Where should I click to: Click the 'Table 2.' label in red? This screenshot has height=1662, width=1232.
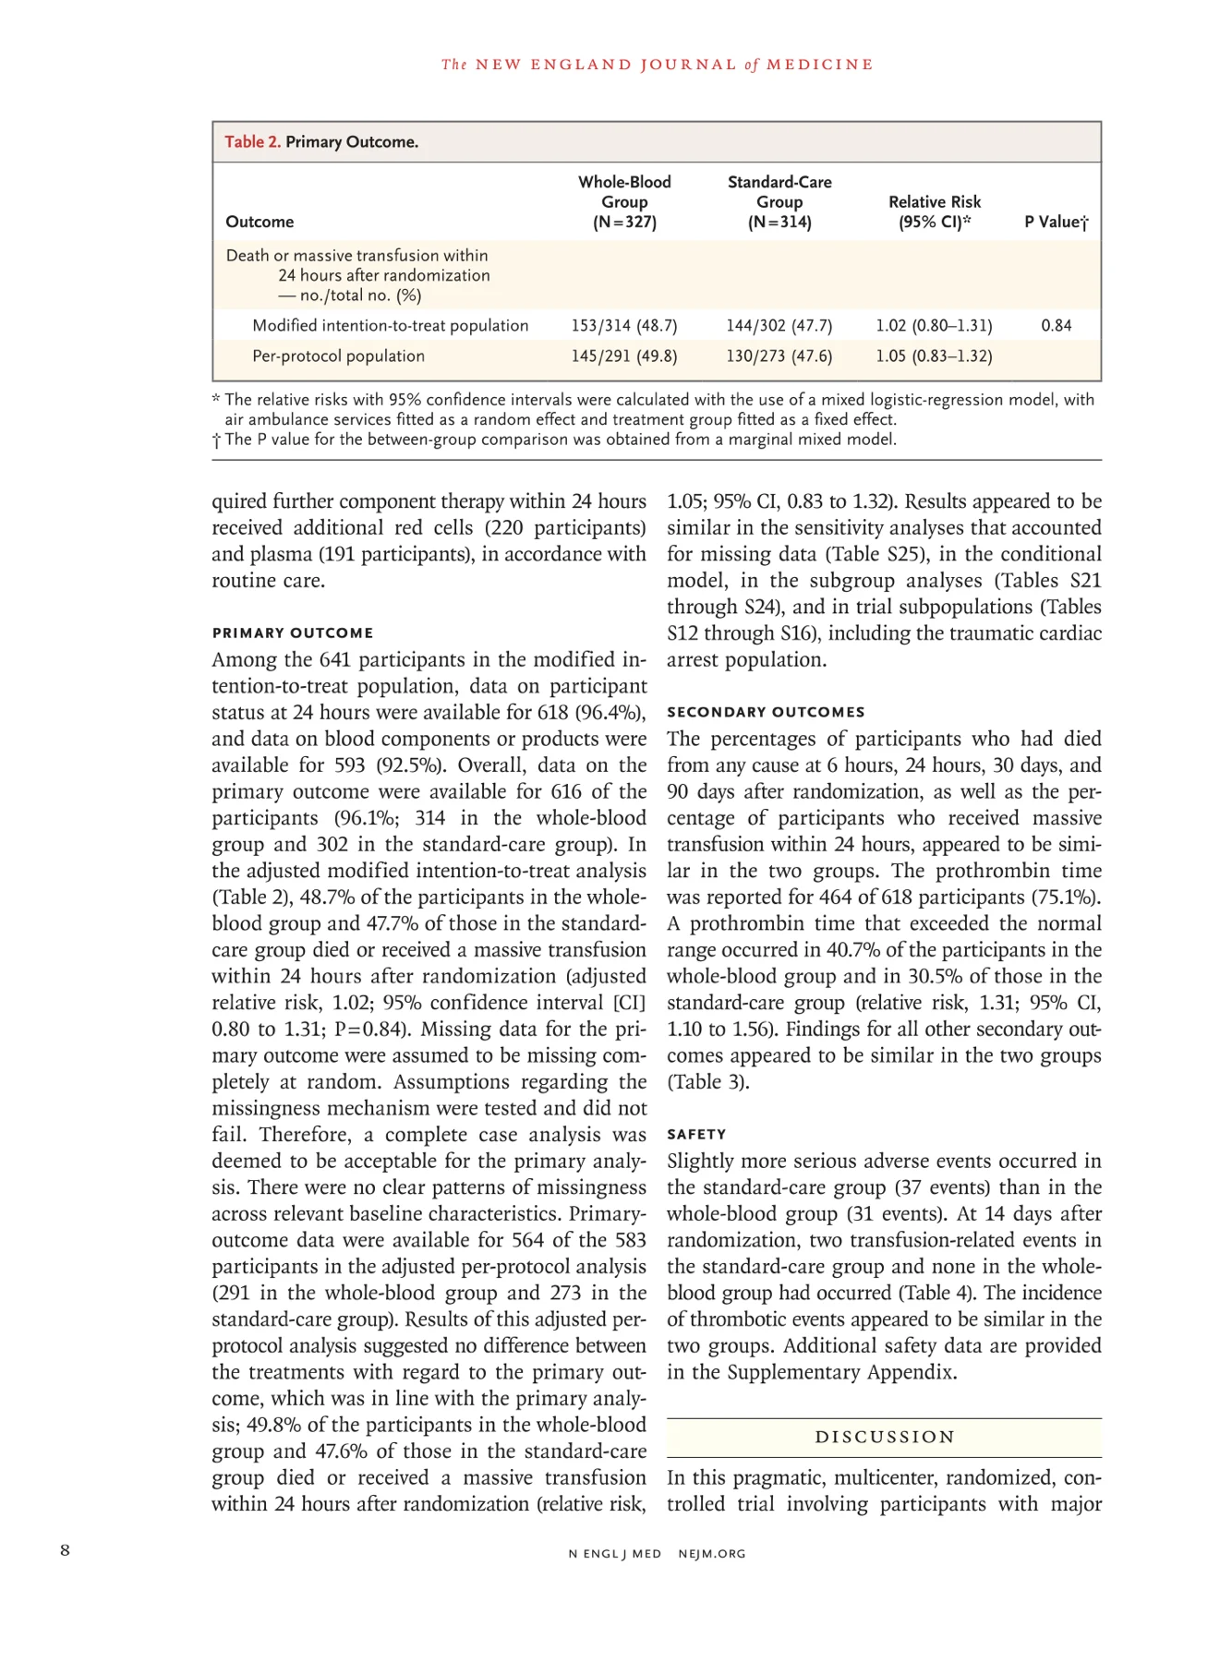click(x=252, y=142)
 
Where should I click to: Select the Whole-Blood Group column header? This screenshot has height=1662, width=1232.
click(x=624, y=202)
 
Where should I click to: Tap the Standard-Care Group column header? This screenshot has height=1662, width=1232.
click(x=779, y=202)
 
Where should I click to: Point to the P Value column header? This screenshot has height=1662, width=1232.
click(x=1057, y=223)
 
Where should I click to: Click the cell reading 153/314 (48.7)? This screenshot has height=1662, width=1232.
click(x=624, y=326)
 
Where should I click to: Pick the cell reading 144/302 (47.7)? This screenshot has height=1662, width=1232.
click(x=779, y=326)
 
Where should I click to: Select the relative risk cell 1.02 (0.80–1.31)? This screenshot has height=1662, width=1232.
click(x=934, y=326)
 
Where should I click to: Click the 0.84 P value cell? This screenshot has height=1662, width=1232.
click(x=1057, y=326)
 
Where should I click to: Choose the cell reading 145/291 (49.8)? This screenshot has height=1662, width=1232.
click(x=624, y=356)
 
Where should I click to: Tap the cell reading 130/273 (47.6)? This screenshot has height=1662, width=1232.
click(x=779, y=356)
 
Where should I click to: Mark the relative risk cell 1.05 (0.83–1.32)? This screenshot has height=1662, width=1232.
click(x=934, y=356)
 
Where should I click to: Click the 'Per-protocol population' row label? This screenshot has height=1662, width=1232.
click(x=338, y=356)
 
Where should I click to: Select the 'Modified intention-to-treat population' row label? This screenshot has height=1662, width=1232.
click(x=390, y=326)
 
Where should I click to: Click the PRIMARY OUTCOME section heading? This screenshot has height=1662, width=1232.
click(x=293, y=633)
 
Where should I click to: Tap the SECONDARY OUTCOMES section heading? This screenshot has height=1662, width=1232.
click(x=766, y=712)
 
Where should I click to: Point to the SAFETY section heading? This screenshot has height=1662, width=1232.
click(x=696, y=1135)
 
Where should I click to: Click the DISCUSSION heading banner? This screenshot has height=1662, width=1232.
click(x=884, y=1438)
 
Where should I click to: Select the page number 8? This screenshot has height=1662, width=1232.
click(x=65, y=1550)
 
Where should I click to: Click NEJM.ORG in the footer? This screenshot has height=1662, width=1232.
click(x=712, y=1554)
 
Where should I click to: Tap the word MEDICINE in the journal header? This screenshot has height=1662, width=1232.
click(x=819, y=65)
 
